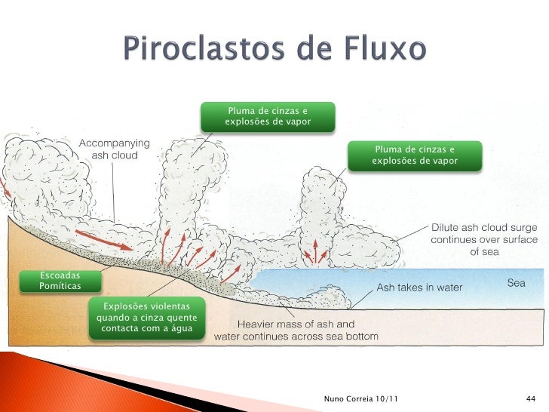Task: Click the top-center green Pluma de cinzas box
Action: pos(268,116)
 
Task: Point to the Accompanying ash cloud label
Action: pos(115,148)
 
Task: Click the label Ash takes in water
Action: pos(419,287)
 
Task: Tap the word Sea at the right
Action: pos(516,283)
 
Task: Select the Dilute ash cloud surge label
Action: pos(484,239)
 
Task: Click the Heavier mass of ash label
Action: pos(296,331)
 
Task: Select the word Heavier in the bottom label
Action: pos(258,324)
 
